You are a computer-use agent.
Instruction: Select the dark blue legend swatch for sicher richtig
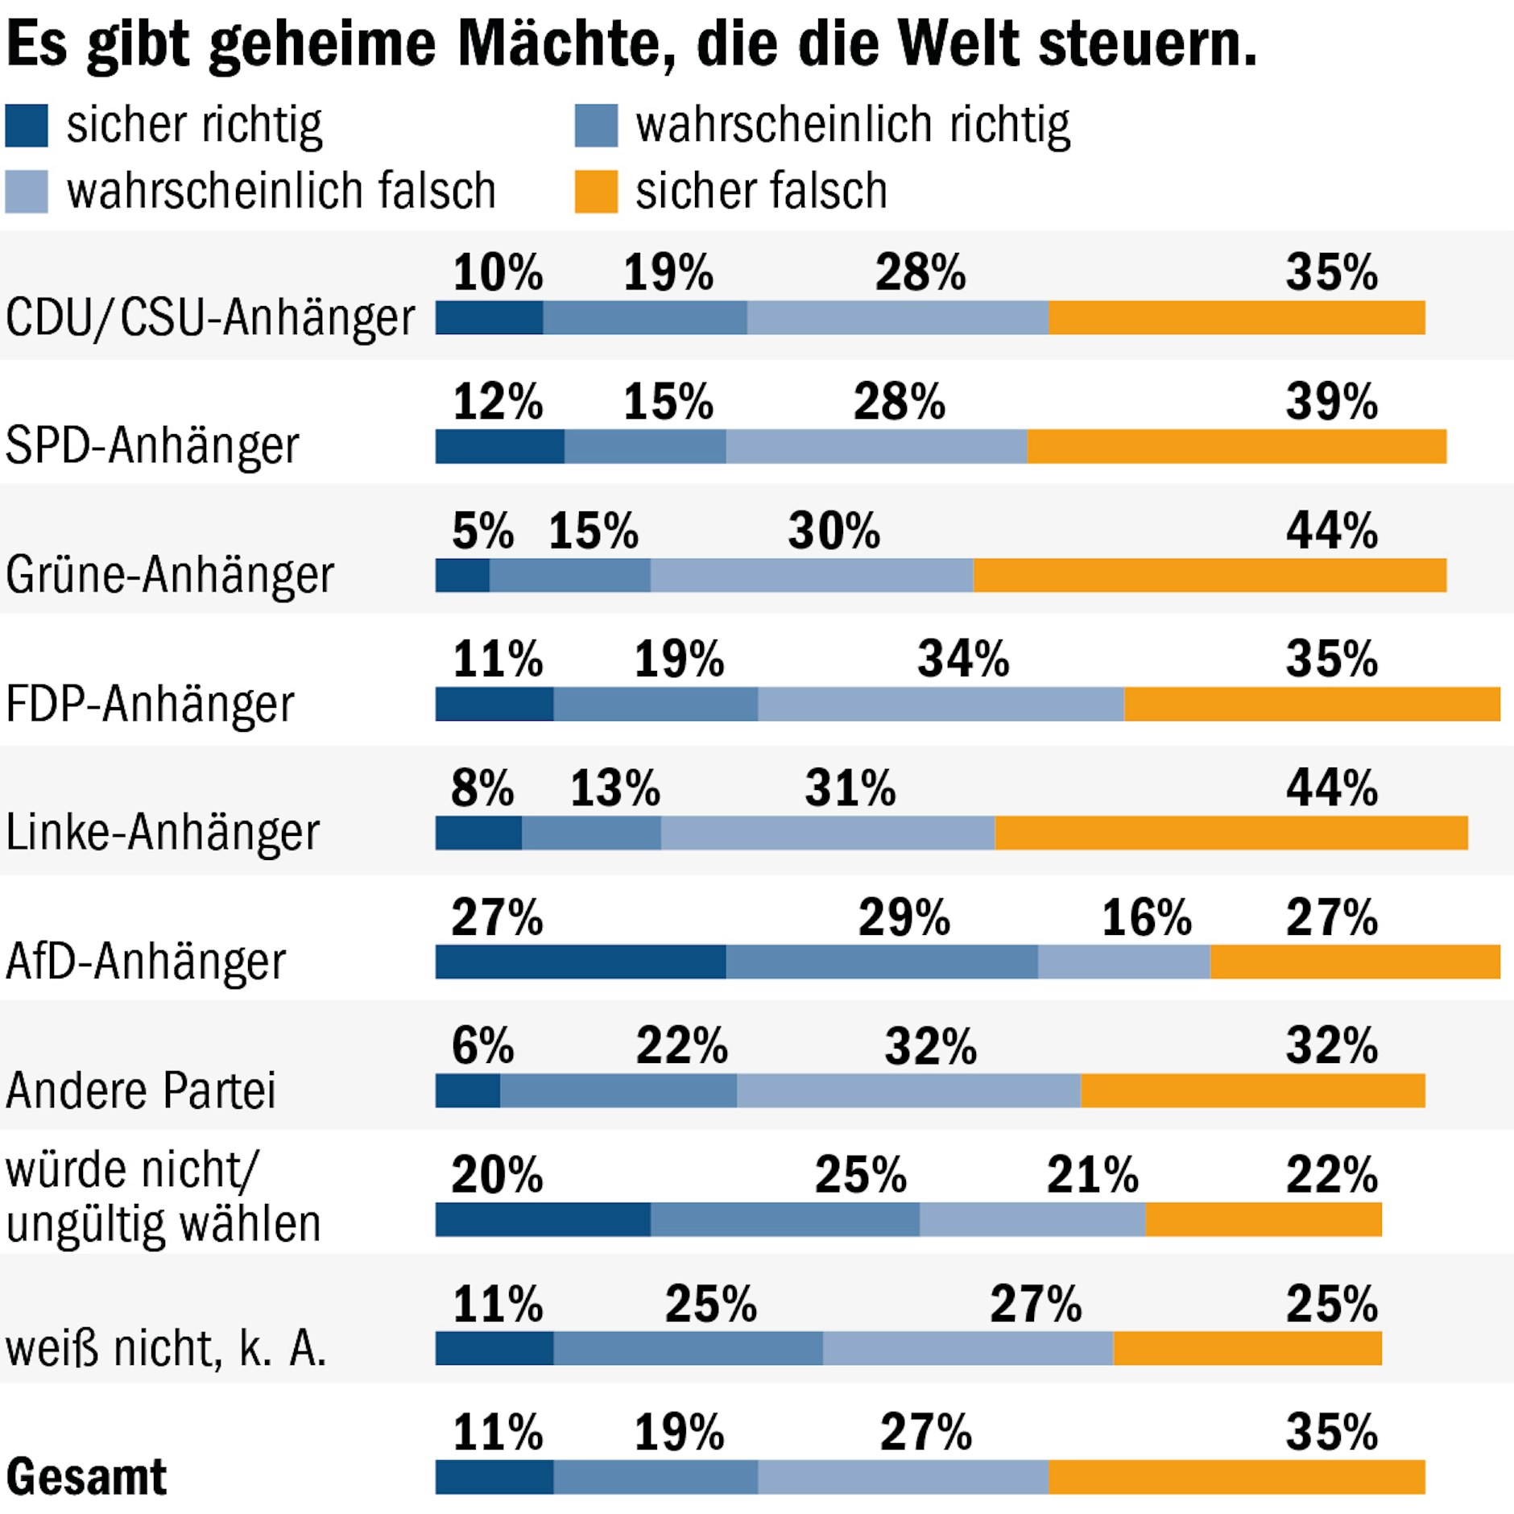point(27,126)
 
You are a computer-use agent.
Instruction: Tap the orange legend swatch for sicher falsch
point(596,192)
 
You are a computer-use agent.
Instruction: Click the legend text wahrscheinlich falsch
point(280,192)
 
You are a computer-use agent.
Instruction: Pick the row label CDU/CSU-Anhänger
point(210,317)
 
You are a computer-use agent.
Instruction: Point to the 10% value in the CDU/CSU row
point(498,272)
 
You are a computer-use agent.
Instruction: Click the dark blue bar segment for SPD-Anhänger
point(499,446)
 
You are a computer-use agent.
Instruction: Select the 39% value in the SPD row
point(1332,401)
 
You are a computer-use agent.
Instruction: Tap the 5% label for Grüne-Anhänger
point(482,531)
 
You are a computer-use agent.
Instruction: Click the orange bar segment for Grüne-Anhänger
point(1210,575)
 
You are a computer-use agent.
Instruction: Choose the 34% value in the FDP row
point(963,659)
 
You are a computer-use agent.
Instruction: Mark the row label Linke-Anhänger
point(163,832)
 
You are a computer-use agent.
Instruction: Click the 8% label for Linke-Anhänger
point(482,788)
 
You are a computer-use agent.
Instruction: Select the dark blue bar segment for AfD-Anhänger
point(580,962)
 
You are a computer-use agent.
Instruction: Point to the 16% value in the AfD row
point(1147,917)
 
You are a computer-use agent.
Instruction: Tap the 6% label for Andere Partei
point(482,1045)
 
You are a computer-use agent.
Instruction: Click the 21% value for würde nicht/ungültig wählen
point(1093,1174)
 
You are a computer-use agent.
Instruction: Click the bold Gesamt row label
point(86,1476)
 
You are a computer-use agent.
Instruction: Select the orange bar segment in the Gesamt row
point(1236,1477)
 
